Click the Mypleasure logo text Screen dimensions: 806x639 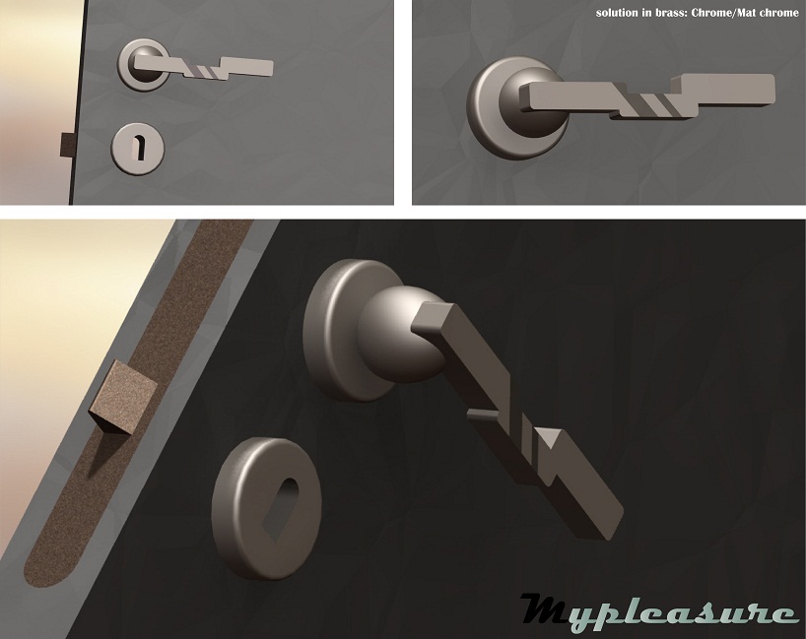[x=659, y=609]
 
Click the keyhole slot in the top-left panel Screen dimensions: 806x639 [x=139, y=148]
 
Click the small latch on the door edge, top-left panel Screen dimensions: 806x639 [x=67, y=145]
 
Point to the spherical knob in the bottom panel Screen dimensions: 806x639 [x=396, y=335]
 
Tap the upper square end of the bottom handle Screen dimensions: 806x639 [x=433, y=317]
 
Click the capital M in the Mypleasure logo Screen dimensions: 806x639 [x=550, y=607]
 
